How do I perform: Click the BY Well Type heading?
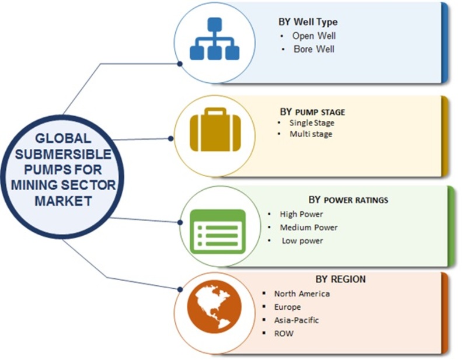click(308, 22)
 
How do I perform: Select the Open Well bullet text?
click(314, 36)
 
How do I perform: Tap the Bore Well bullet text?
click(314, 49)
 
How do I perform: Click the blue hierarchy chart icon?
click(214, 39)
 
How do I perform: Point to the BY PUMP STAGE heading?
click(312, 111)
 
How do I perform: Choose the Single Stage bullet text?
click(312, 123)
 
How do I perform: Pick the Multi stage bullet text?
click(311, 134)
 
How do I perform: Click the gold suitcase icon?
click(215, 130)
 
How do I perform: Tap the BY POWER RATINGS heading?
click(348, 200)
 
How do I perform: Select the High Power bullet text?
click(301, 214)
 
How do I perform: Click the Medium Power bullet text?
click(309, 228)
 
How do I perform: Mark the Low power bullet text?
click(302, 240)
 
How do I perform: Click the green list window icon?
click(218, 232)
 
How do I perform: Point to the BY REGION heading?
click(340, 279)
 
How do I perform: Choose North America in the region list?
click(302, 294)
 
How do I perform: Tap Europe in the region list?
click(287, 307)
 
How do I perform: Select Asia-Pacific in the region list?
click(297, 320)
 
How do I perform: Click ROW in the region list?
click(284, 334)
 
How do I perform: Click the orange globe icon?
click(214, 306)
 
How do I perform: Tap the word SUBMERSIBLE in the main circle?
click(63, 154)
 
